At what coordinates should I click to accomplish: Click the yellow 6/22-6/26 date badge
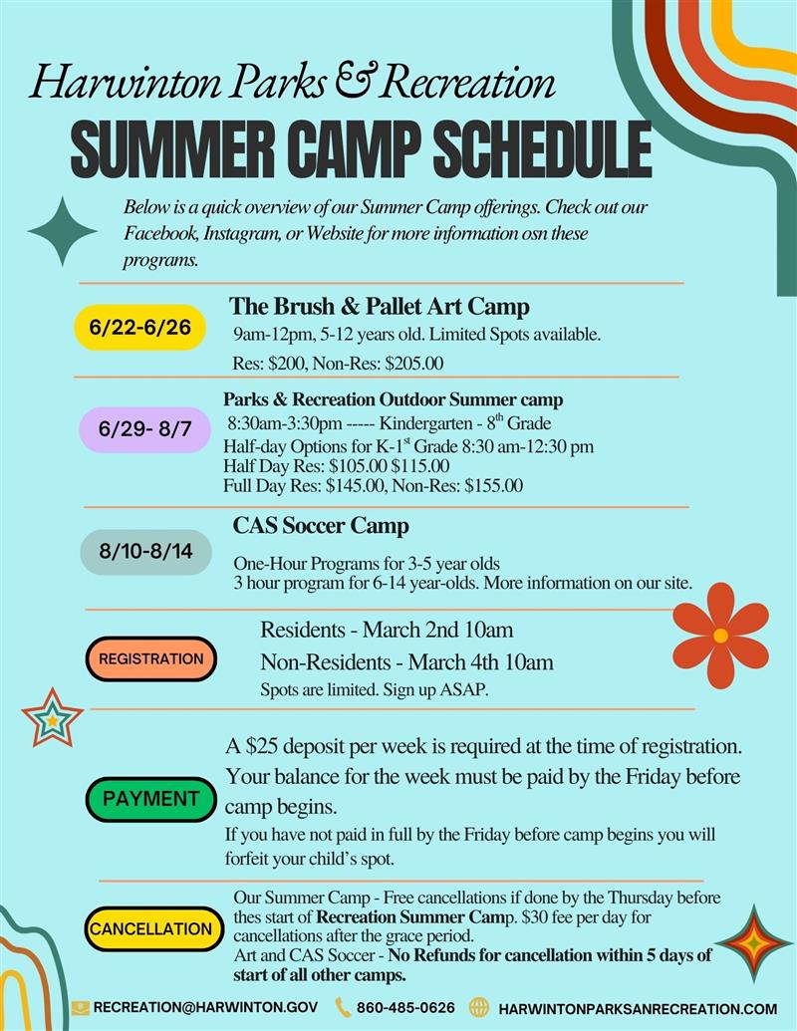click(140, 328)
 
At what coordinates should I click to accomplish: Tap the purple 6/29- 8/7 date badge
click(146, 430)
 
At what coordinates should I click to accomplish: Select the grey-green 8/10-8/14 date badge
click(146, 551)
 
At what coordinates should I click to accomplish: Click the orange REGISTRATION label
click(150, 658)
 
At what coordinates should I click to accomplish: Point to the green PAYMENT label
click(150, 798)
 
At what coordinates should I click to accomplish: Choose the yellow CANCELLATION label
click(151, 928)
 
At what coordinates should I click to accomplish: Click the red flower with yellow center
click(720, 635)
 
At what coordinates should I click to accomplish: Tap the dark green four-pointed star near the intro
click(62, 231)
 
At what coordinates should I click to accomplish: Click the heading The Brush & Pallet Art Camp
click(380, 305)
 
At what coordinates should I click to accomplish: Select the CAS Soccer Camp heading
click(321, 525)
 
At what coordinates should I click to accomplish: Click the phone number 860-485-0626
click(405, 1008)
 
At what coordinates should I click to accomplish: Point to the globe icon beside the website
click(479, 1008)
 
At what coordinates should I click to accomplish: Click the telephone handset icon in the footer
click(343, 1008)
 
